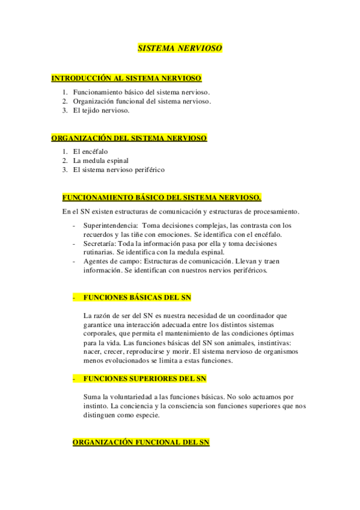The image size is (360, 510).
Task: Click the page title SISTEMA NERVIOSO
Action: click(180, 48)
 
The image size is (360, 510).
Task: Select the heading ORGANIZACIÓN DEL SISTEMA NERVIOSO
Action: click(129, 138)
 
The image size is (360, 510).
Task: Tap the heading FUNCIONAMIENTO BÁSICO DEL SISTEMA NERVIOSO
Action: click(162, 197)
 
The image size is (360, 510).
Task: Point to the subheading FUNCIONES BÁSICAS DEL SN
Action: click(138, 298)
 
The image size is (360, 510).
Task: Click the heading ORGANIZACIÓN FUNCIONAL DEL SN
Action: click(141, 442)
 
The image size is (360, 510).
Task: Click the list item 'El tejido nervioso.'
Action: click(101, 110)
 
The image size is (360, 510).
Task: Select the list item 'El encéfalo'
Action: click(90, 152)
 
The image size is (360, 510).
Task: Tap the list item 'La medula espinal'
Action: click(100, 161)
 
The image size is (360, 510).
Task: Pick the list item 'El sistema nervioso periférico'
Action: click(118, 170)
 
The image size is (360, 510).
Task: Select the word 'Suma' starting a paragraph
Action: click(93, 397)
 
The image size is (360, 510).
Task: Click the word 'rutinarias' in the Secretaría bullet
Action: click(98, 253)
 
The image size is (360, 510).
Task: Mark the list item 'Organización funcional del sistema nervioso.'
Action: click(142, 101)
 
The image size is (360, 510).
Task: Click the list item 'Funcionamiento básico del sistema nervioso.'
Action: click(141, 92)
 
